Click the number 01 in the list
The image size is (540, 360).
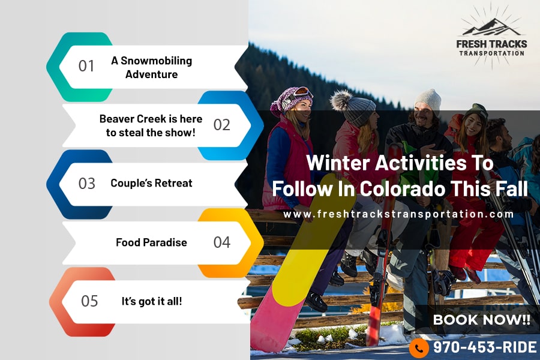point(86,66)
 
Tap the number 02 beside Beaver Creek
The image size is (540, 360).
point(222,125)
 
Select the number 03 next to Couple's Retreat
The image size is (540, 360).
point(86,184)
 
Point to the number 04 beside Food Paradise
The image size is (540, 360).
point(222,242)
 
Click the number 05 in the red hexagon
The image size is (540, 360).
point(89,301)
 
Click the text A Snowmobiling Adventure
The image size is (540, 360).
point(152,68)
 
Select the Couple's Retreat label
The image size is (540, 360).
point(151,183)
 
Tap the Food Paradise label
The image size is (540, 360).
point(152,242)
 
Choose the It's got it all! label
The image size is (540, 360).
point(152,301)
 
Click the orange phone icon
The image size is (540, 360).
point(419,348)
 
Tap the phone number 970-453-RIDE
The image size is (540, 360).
point(485,347)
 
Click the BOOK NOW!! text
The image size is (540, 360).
point(481,320)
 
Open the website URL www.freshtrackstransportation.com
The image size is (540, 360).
point(398,214)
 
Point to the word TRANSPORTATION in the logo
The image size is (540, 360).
point(492,53)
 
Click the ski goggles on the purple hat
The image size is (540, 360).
point(299,94)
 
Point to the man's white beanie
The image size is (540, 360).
point(428,99)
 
